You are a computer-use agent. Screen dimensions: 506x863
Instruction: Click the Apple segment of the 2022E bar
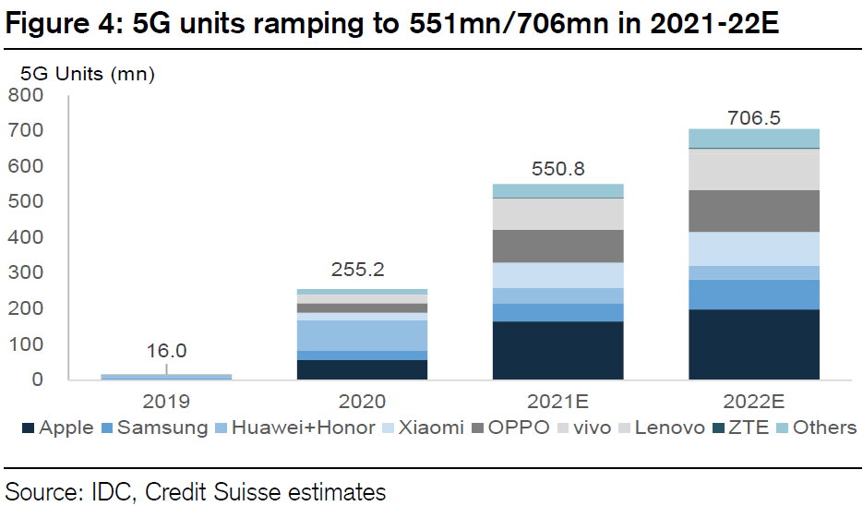pyautogui.click(x=753, y=343)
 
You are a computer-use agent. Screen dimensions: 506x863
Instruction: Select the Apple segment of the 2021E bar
pyautogui.click(x=557, y=350)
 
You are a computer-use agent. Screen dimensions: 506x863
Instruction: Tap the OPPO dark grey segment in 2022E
pyautogui.click(x=753, y=211)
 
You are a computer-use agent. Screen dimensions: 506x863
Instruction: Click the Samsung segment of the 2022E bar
pyautogui.click(x=753, y=294)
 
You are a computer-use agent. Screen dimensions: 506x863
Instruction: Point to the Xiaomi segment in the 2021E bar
pyautogui.click(x=557, y=275)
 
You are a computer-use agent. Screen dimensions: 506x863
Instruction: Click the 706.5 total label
pyautogui.click(x=754, y=118)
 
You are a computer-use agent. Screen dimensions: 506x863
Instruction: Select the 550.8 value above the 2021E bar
pyautogui.click(x=557, y=170)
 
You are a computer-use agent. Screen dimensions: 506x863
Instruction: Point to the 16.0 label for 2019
pyautogui.click(x=166, y=351)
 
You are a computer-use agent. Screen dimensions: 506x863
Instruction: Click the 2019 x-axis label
pyautogui.click(x=166, y=402)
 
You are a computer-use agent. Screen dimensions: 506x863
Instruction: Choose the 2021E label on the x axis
pyautogui.click(x=557, y=402)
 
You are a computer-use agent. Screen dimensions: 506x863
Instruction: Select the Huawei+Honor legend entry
pyautogui.click(x=295, y=428)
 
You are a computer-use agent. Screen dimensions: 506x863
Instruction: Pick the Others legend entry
pyautogui.click(x=816, y=428)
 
